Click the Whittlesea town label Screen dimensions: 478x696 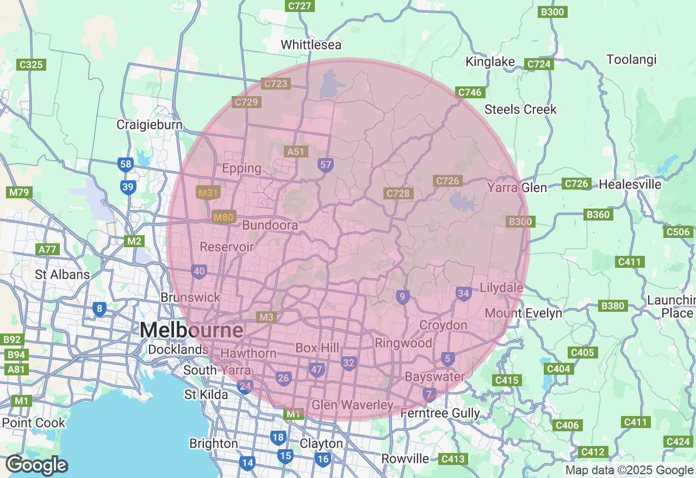pyautogui.click(x=310, y=45)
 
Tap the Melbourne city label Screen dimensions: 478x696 pyautogui.click(x=191, y=330)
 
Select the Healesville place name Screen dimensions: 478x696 pyautogui.click(x=630, y=185)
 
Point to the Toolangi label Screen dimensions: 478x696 pyautogui.click(x=631, y=59)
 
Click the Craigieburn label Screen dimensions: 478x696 pyautogui.click(x=150, y=125)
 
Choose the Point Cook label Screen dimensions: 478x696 pyautogui.click(x=34, y=423)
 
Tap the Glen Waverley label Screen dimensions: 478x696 pyautogui.click(x=352, y=405)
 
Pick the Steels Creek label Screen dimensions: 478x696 pyautogui.click(x=520, y=110)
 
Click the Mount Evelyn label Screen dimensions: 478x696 pyautogui.click(x=523, y=313)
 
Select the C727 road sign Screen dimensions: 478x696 pyautogui.click(x=300, y=6)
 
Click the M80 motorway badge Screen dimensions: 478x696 pyautogui.click(x=223, y=217)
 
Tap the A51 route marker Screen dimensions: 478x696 pyautogui.click(x=296, y=152)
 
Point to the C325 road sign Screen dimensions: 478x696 pyautogui.click(x=31, y=65)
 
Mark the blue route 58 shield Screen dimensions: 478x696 pyautogui.click(x=126, y=165)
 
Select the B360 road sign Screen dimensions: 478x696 pyautogui.click(x=598, y=215)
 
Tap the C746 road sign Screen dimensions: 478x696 pyautogui.click(x=470, y=92)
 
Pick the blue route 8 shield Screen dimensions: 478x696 pyautogui.click(x=99, y=309)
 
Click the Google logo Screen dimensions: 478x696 pyautogui.click(x=37, y=466)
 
